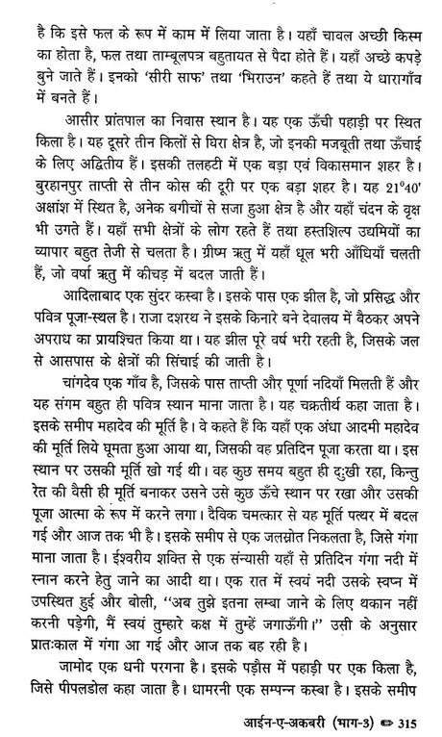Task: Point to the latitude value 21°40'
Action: click(x=405, y=209)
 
